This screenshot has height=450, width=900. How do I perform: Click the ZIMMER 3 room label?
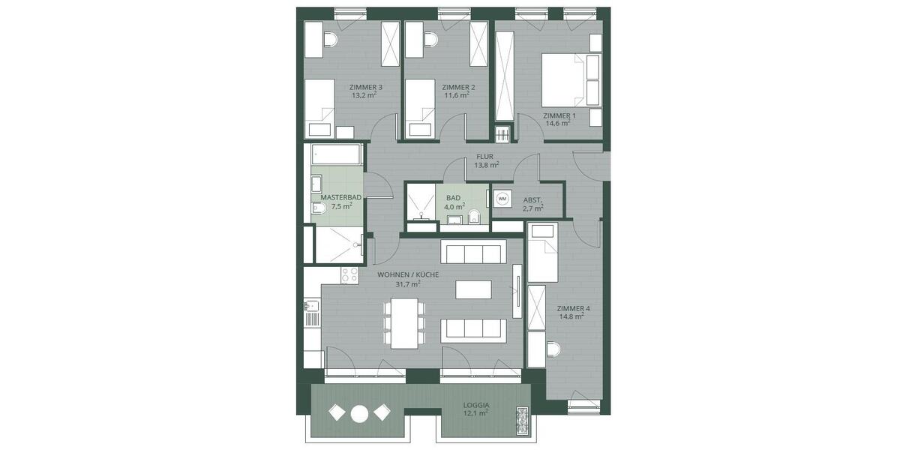pos(366,87)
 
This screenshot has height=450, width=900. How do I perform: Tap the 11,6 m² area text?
pos(456,96)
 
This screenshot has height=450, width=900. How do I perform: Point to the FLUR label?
pos(484,157)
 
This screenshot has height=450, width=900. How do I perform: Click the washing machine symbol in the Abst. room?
pos(502,199)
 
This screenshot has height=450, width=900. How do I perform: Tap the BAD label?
pos(453,198)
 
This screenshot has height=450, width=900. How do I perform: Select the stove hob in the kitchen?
pos(349,275)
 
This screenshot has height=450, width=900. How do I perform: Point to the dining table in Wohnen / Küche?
pos(405,322)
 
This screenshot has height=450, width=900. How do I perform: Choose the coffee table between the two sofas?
pos(473,289)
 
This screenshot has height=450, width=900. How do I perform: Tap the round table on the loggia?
pos(360,412)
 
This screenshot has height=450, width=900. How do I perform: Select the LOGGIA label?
pos(477,405)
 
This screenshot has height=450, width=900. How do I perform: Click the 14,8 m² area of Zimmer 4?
pos(571,316)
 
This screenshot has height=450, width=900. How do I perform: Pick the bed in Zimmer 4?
pos(543,253)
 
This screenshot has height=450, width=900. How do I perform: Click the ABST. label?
pos(532,199)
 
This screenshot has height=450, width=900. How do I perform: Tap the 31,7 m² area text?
pos(407,284)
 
